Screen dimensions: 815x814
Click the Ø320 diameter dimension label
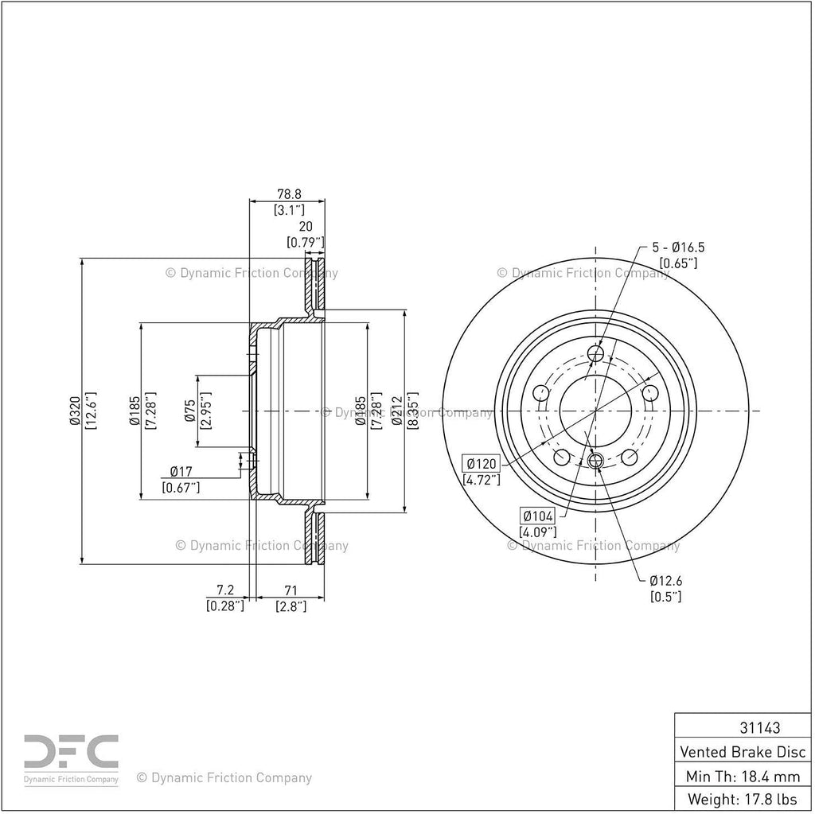[75, 411]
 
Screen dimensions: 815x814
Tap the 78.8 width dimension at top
[289, 194]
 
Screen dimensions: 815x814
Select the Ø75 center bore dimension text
[190, 411]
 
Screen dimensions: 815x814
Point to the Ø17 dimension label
[181, 472]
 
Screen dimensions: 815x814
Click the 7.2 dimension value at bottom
[225, 590]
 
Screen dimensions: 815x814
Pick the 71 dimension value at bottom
[291, 590]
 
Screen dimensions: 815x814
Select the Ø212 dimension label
[398, 411]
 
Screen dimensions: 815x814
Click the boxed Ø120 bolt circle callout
[482, 463]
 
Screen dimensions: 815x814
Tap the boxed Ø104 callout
[537, 516]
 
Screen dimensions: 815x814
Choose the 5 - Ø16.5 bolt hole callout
[678, 247]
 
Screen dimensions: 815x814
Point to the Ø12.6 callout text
[666, 581]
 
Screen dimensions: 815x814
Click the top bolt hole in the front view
[595, 354]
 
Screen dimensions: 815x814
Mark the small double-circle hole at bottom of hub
[595, 459]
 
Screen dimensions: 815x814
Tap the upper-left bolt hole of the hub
[541, 392]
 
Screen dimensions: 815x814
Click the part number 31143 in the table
[759, 728]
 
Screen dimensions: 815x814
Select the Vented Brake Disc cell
[743, 752]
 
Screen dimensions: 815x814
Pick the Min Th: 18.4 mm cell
[743, 777]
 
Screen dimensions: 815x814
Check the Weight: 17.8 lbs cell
[743, 799]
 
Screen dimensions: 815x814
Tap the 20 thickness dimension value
[306, 227]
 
